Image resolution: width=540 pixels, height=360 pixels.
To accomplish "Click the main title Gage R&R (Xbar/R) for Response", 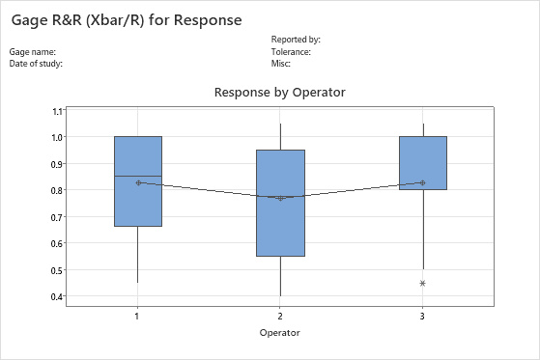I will tap(126, 18).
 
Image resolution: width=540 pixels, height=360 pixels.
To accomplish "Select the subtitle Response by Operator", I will tap(279, 92).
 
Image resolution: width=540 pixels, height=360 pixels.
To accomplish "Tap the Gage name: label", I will tap(33, 51).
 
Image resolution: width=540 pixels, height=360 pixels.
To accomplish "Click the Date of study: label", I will tap(37, 63).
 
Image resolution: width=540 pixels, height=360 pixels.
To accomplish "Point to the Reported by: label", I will tap(296, 40).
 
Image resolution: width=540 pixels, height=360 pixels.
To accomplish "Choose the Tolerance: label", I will tap(291, 51).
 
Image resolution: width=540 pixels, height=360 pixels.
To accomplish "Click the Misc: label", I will tap(282, 63).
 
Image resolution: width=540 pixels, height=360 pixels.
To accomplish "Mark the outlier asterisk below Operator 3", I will tap(423, 283).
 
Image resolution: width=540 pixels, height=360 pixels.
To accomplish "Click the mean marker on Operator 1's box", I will tap(138, 182).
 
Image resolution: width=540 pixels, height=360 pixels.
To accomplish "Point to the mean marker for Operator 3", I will tap(423, 182).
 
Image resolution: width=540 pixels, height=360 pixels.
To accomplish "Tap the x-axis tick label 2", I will tap(280, 316).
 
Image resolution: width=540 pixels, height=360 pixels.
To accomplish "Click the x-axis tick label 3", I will tap(423, 316).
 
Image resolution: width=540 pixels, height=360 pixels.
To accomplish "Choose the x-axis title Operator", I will tap(280, 332).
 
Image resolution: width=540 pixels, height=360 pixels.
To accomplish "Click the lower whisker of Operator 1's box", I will tap(138, 255).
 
